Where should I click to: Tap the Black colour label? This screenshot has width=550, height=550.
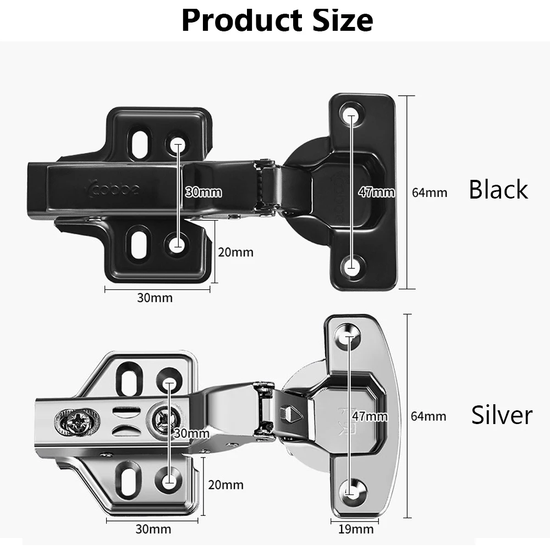click(x=498, y=190)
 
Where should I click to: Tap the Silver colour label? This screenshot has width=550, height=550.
click(x=502, y=415)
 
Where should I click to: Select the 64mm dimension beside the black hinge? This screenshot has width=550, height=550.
click(x=429, y=193)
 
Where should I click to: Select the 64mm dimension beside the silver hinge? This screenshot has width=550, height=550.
click(x=428, y=416)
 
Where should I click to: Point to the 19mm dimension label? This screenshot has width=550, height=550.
click(x=355, y=530)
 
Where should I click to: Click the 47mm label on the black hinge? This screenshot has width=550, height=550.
click(x=377, y=193)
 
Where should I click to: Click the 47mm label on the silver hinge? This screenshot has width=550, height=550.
click(x=370, y=416)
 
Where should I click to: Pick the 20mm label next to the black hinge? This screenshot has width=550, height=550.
click(x=236, y=252)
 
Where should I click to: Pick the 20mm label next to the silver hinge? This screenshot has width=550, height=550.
click(x=226, y=485)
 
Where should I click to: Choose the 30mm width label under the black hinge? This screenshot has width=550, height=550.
click(x=155, y=298)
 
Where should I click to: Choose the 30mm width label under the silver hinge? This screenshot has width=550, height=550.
click(x=153, y=530)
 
